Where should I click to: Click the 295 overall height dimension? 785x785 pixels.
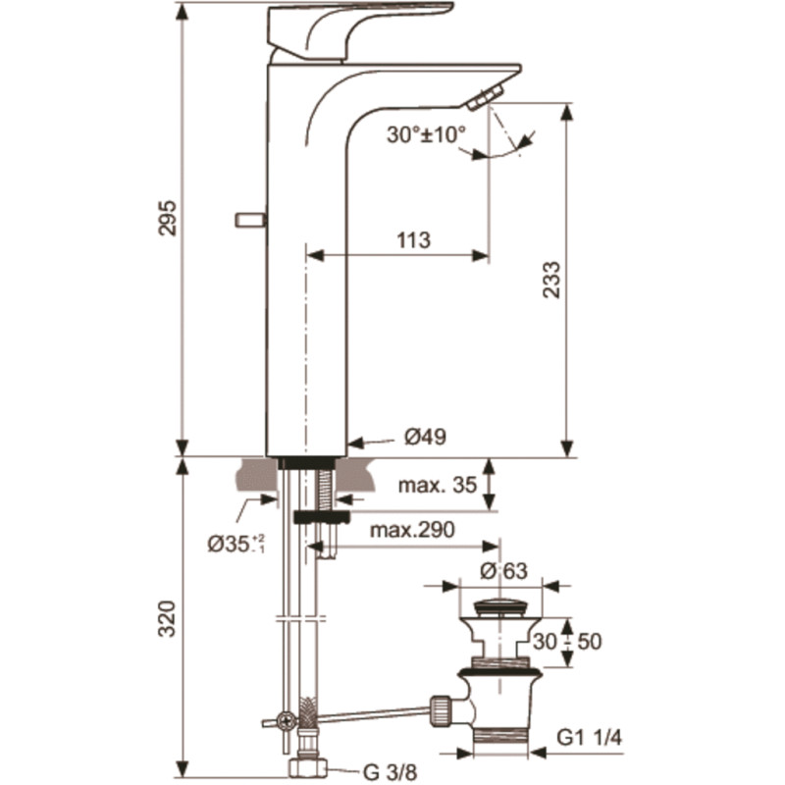[x=167, y=218]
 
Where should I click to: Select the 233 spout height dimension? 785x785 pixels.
[x=551, y=280]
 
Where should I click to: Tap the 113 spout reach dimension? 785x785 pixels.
[x=413, y=240]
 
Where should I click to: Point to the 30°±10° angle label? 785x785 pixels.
[x=426, y=134]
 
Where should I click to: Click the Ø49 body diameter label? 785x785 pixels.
[x=425, y=437]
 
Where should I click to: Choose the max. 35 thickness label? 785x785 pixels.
[x=437, y=485]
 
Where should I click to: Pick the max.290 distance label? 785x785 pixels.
[x=412, y=529]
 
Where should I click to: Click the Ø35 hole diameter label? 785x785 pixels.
[x=235, y=544]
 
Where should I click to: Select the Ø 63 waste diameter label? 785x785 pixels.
[x=503, y=570]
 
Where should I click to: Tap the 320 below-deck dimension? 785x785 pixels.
[x=167, y=619]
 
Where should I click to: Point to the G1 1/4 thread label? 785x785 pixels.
[x=590, y=737]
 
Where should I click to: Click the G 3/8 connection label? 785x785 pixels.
[x=390, y=772]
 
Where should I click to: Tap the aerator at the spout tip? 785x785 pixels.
[x=485, y=96]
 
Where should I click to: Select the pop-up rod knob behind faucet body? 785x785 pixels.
[x=250, y=220]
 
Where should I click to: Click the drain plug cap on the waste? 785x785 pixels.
[x=499, y=606]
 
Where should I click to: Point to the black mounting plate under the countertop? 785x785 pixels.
[x=322, y=517]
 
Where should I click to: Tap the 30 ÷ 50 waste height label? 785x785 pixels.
[x=567, y=642]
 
